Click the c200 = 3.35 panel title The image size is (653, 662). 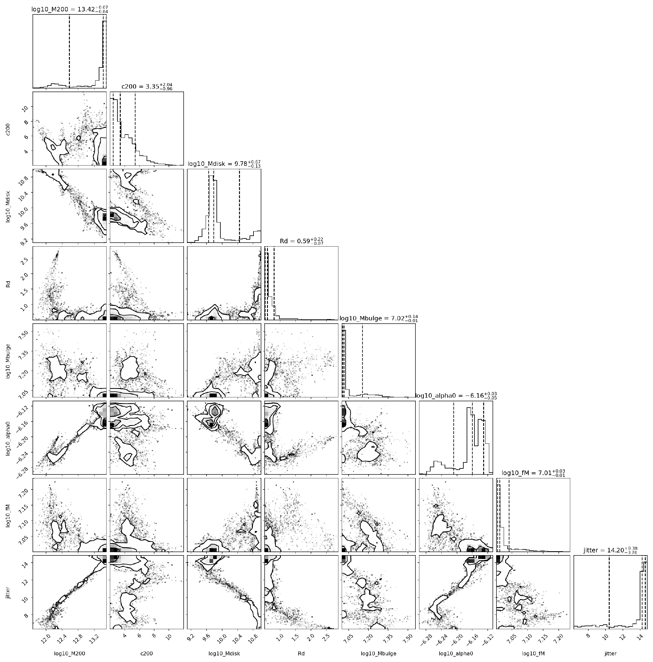click(147, 87)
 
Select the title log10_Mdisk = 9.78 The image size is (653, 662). click(224, 164)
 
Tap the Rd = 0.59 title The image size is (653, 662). click(301, 241)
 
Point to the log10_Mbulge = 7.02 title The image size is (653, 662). click(378, 318)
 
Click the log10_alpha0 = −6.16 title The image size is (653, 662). click(456, 396)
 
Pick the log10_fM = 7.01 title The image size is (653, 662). click(533, 473)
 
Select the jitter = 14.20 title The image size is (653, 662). click(610, 550)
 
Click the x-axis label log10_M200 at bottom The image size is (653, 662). click(70, 654)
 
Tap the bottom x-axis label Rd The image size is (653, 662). click(301, 654)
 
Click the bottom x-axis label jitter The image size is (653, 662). click(610, 654)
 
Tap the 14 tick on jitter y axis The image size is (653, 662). click(25, 563)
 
